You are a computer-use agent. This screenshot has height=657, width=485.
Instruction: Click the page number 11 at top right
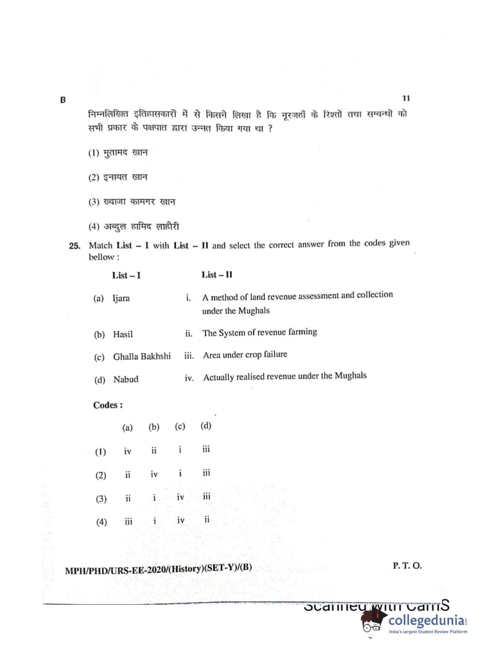tap(406, 98)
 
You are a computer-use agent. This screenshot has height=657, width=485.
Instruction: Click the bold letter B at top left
tap(63, 100)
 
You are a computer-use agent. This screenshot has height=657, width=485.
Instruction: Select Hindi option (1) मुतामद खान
tap(118, 153)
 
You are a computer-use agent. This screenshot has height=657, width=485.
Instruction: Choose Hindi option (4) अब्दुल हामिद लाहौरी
tap(134, 226)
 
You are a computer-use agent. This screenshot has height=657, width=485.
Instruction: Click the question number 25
tap(75, 246)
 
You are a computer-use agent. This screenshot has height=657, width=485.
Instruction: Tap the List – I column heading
tap(126, 275)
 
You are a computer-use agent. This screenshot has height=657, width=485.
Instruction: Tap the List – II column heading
tap(217, 275)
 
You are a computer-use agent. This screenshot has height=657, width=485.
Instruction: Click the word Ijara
tap(121, 298)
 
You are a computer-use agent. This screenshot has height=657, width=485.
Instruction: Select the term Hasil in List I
tap(123, 334)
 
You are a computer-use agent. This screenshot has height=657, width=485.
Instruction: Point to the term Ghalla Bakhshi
tap(142, 357)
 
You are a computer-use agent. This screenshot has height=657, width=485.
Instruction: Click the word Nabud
tap(125, 379)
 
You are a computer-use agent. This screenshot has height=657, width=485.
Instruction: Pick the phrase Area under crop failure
tap(245, 355)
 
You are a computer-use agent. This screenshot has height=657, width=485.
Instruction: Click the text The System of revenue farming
tap(260, 332)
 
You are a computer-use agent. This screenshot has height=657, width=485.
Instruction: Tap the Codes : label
tap(108, 405)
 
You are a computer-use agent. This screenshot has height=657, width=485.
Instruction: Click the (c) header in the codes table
tap(180, 426)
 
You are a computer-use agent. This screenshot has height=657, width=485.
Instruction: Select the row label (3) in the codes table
tap(101, 499)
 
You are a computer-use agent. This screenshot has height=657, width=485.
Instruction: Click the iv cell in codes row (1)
tap(127, 452)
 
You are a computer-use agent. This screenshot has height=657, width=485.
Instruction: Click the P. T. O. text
tap(407, 565)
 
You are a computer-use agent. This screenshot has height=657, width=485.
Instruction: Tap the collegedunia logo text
tap(426, 620)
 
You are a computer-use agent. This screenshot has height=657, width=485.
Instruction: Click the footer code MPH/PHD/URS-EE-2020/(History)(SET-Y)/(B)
tap(158, 569)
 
